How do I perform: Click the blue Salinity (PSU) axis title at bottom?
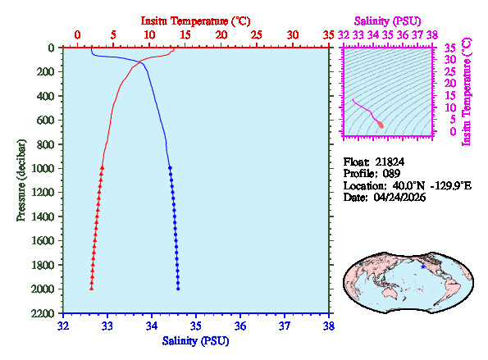196,340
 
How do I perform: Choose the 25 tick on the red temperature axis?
257,34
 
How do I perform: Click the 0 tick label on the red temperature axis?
77,34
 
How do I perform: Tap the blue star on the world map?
423,266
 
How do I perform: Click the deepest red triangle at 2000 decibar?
92,288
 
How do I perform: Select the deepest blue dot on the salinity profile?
178,288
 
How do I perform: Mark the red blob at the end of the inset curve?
381,125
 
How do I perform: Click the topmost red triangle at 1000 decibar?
102,167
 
